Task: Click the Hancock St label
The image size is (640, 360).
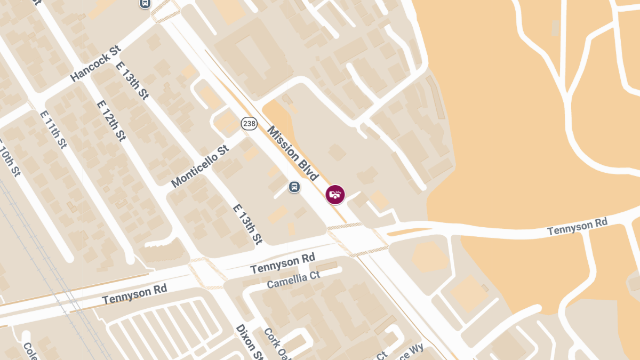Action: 95,63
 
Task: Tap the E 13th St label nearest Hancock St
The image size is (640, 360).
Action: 132,81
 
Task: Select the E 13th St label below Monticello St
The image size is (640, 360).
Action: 248,223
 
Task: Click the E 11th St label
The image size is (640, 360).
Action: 53,129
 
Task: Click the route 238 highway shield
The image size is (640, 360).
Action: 249,124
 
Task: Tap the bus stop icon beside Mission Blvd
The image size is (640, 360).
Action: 294,187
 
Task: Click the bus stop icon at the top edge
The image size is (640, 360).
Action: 145,3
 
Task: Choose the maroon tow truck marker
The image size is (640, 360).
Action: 335,194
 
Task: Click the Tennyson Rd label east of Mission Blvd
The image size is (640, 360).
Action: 578,227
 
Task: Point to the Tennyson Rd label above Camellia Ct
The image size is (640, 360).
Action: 283,263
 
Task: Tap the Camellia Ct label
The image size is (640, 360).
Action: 293,279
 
